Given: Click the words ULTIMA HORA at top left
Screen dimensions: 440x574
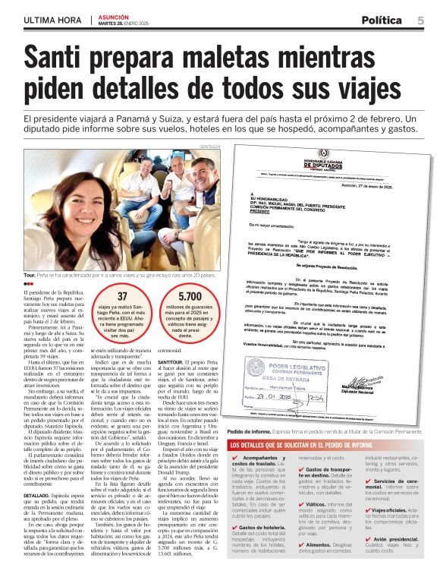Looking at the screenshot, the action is coord(52,20).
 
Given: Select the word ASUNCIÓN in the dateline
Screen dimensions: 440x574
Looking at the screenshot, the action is coord(113,16).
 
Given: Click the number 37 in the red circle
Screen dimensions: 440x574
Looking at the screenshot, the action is coord(121,297).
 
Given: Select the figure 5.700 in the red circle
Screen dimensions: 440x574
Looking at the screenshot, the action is coord(190,297).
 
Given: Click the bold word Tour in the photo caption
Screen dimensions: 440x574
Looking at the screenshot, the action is coord(30,275).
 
